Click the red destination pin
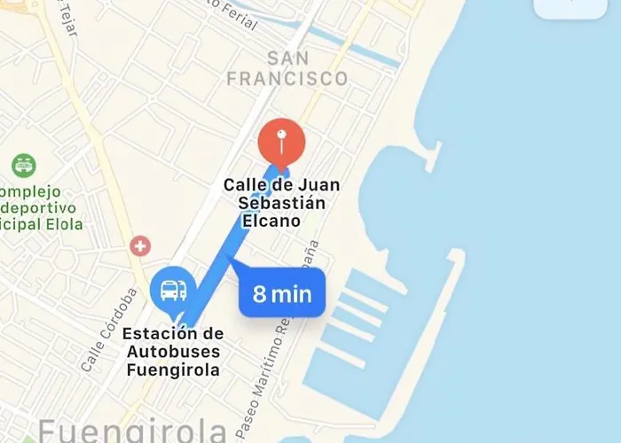point(281,142)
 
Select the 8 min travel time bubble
point(282,293)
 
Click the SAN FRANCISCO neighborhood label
point(287,69)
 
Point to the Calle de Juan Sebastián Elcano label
point(281,203)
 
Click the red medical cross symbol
point(139,245)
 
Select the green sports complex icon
point(23,165)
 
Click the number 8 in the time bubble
point(259,294)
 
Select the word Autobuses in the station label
point(174,353)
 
